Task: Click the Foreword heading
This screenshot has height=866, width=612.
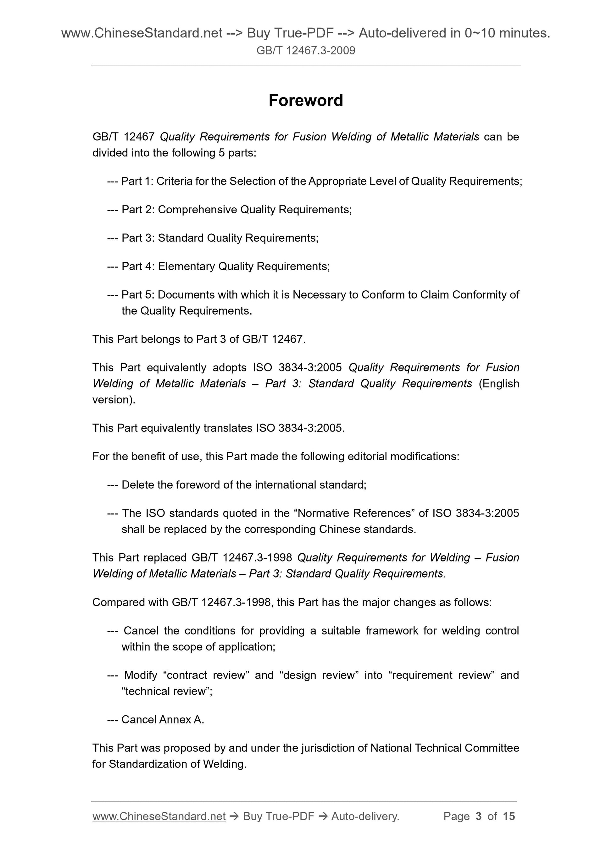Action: coord(305,101)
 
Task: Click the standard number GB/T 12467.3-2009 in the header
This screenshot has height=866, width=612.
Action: coord(305,51)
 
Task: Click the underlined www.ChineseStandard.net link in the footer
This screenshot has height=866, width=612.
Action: coord(159,816)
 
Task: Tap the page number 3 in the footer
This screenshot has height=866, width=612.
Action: coord(479,816)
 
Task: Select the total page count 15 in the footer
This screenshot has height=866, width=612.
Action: coord(509,816)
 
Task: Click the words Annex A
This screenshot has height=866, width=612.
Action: coord(181,720)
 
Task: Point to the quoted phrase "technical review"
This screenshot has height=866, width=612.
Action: coord(167,691)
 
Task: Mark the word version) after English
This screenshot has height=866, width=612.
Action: coord(114,400)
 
